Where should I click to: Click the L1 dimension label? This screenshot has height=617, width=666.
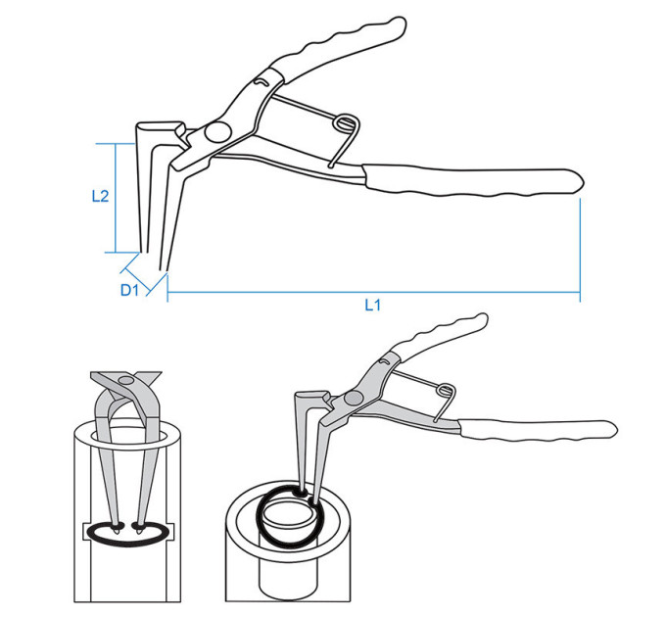(372, 305)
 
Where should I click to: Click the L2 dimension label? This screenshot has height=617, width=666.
(100, 196)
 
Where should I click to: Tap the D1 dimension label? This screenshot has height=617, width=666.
(129, 290)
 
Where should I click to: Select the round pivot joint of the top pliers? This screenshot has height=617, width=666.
(217, 131)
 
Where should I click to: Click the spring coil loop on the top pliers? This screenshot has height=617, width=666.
(345, 123)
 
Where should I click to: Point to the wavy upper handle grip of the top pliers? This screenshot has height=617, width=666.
(340, 47)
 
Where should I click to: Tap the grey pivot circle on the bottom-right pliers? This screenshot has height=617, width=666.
(354, 398)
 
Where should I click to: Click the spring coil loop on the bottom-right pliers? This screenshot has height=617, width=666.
(446, 390)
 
